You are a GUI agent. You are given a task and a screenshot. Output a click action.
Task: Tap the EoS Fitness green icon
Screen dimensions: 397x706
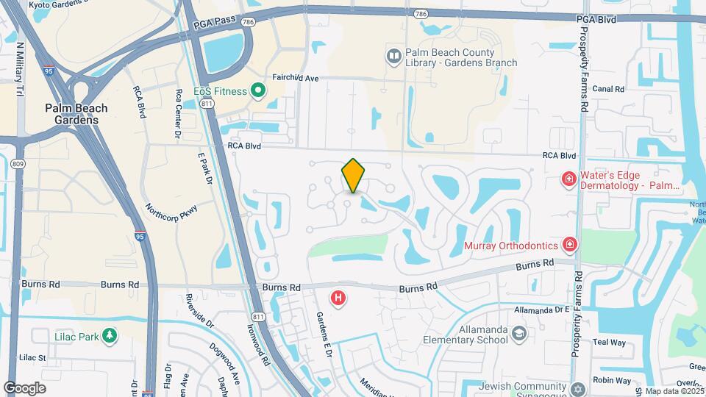pyautogui.click(x=257, y=90)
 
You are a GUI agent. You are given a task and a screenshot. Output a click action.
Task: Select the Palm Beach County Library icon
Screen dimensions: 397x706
pyautogui.click(x=393, y=56)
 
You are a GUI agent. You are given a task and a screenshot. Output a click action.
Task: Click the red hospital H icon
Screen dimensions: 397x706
pyautogui.click(x=338, y=298)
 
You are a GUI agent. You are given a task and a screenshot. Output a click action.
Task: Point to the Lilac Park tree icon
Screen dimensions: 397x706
pyautogui.click(x=110, y=336)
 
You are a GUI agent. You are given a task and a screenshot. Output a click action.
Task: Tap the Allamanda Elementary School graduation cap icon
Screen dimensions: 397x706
pyautogui.click(x=519, y=335)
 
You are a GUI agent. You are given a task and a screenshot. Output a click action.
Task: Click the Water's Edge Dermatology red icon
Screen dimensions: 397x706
pyautogui.click(x=568, y=179)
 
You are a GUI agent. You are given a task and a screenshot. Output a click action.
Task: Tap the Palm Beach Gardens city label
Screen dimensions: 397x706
pyautogui.click(x=76, y=114)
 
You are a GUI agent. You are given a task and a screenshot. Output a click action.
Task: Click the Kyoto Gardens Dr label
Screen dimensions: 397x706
pyautogui.click(x=65, y=4)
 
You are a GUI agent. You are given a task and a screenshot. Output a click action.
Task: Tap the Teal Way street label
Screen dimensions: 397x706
pyautogui.click(x=609, y=343)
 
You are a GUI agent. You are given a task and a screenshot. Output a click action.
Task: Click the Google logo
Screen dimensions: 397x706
pyautogui.click(x=24, y=387)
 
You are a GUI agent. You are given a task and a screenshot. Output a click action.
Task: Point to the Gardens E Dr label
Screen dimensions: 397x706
pyautogui.click(x=324, y=332)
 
